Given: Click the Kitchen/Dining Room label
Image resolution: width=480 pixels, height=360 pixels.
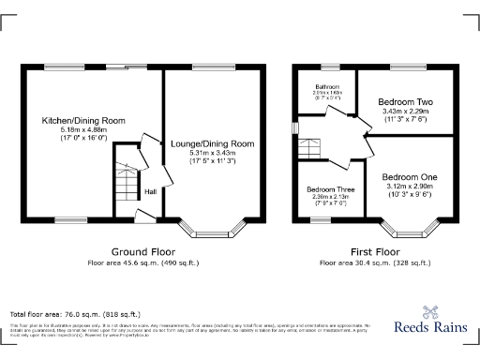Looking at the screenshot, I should [82, 121].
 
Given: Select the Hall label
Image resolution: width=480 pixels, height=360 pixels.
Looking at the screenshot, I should [150, 192].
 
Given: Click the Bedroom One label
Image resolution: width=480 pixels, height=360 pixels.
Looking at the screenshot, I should [409, 177].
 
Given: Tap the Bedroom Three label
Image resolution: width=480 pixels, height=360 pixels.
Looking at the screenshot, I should [329, 188].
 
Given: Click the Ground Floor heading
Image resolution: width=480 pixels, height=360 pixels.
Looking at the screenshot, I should [142, 252].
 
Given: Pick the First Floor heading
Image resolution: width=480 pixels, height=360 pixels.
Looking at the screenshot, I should [375, 252].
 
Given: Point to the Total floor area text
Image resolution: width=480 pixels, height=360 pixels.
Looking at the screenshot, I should [75, 313].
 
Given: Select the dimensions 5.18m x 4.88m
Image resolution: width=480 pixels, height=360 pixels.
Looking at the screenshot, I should [82, 130].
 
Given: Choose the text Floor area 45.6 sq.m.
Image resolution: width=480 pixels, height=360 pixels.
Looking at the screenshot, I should [142, 263].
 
